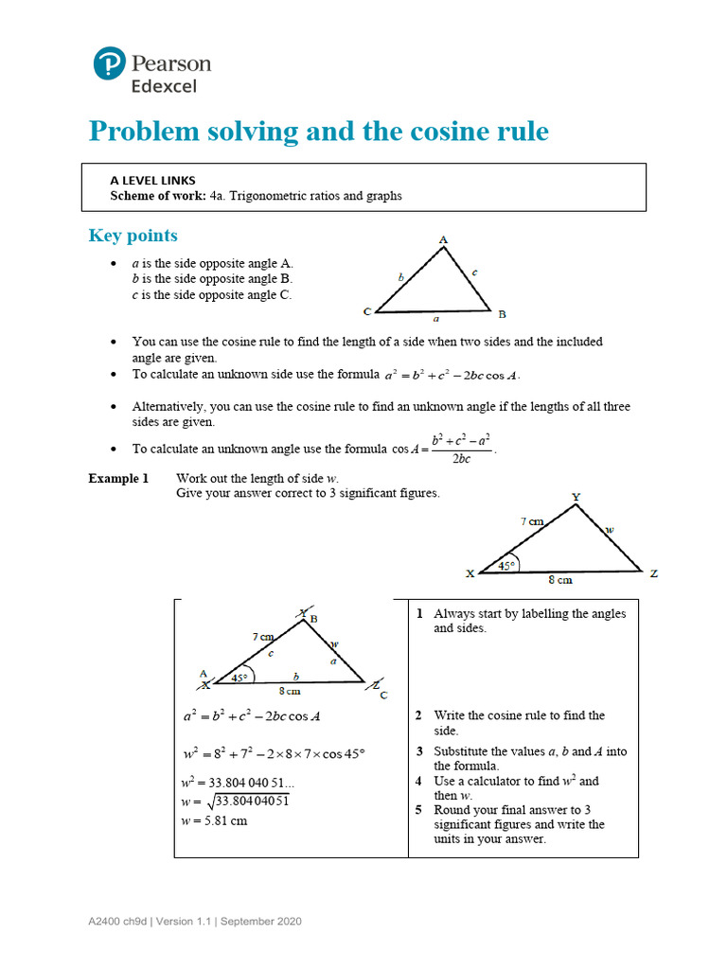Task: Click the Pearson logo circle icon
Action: [110, 63]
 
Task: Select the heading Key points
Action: [133, 236]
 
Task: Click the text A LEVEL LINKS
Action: [152, 179]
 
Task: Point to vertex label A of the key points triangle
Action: [443, 240]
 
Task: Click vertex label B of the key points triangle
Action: [502, 314]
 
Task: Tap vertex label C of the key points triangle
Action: [366, 311]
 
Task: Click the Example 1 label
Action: [118, 479]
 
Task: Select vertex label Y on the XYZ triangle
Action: [576, 497]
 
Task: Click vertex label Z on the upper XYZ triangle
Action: [653, 573]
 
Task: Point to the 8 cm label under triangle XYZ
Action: [560, 580]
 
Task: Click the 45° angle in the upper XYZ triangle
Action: [506, 565]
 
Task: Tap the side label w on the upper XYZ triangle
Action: [610, 530]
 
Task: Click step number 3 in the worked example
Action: [418, 751]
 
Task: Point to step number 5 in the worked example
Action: [418, 810]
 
